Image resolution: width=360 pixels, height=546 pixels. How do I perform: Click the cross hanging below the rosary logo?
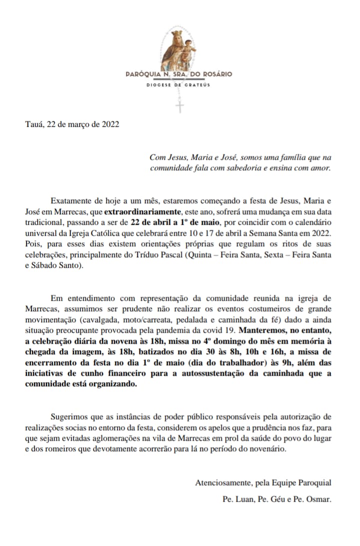179,106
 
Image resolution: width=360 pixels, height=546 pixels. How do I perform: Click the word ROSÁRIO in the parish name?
215,74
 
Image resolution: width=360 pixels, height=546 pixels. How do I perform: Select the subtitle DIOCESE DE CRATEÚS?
178,85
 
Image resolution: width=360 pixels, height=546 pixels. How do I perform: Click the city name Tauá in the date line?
34,125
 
